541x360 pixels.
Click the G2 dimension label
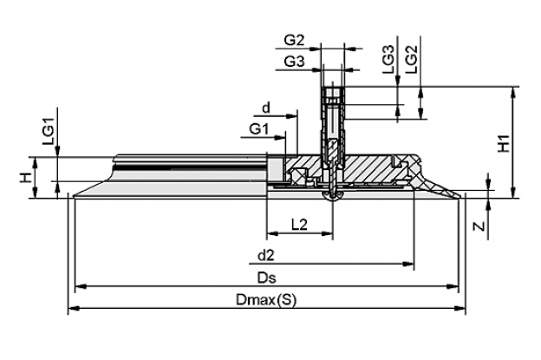click(x=294, y=41)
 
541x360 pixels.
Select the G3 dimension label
click(x=294, y=62)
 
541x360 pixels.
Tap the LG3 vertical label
click(x=388, y=59)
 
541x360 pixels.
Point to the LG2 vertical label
click(x=412, y=59)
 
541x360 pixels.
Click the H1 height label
click(x=504, y=143)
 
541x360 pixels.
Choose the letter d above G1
click(x=266, y=108)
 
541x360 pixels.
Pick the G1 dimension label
click(x=258, y=129)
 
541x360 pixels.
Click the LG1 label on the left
click(x=49, y=131)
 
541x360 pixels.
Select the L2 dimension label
click(x=299, y=225)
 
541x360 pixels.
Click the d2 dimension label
click(x=266, y=255)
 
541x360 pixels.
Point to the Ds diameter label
click(x=266, y=278)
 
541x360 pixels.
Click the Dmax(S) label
click(x=266, y=299)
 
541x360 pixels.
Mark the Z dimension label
click(x=479, y=226)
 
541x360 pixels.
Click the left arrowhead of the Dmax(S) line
click(x=73, y=308)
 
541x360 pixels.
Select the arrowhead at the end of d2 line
click(x=409, y=264)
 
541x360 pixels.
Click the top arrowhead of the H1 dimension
click(x=514, y=91)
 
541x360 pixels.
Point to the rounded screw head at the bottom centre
click(x=331, y=196)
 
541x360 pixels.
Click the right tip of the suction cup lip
click(x=460, y=197)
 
